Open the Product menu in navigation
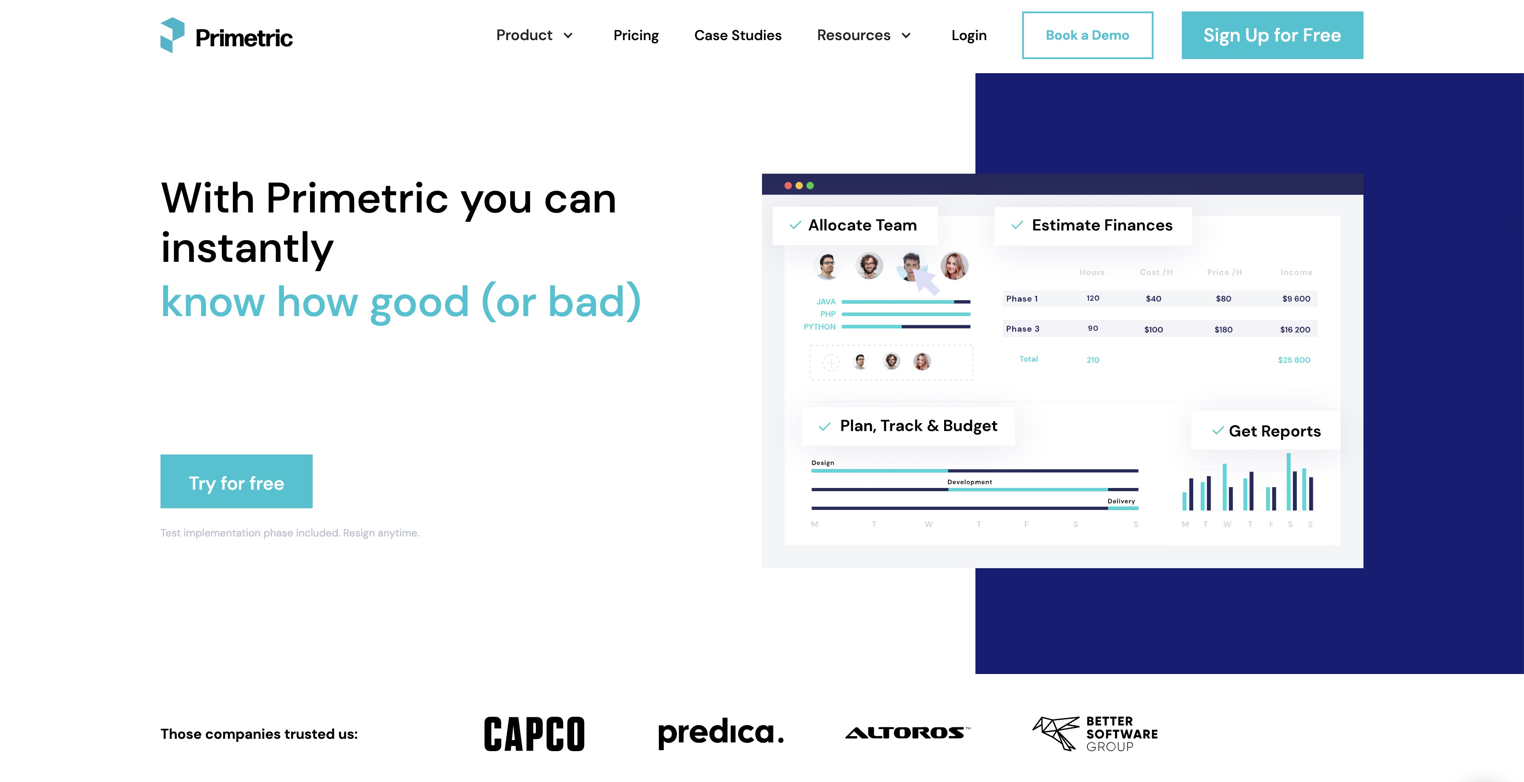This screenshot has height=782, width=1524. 534,36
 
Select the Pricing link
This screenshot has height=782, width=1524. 636,36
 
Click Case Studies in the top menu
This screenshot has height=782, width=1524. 738,36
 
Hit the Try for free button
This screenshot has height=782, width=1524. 236,481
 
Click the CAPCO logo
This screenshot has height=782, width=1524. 534,734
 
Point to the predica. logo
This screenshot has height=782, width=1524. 721,734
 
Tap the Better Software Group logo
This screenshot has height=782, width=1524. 1095,734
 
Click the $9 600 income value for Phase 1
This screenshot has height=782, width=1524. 1296,299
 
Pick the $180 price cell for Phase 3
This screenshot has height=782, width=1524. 1223,329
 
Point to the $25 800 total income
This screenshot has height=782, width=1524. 1294,360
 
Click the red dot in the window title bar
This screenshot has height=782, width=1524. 788,186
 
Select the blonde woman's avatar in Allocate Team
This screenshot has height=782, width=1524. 954,266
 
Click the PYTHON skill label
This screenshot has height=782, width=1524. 819,327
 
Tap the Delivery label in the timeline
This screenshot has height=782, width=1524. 1121,501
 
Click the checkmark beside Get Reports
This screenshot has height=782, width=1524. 1218,431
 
